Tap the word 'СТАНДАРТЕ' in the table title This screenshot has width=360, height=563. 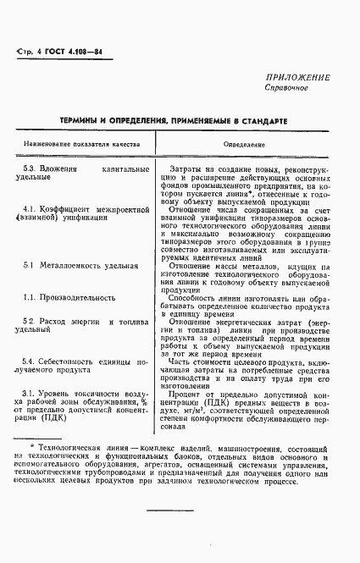(264, 122)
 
